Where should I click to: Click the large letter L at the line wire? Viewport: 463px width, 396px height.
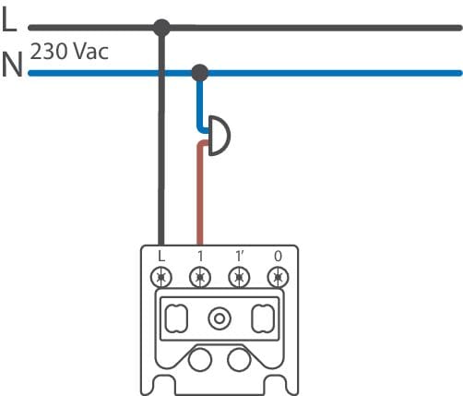(x=9, y=18)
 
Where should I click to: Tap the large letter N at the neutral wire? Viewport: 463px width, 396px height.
(x=12, y=65)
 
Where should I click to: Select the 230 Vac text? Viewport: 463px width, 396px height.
(x=69, y=51)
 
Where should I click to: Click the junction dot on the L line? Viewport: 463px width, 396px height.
(x=161, y=28)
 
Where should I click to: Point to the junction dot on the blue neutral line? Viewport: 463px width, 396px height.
(x=200, y=73)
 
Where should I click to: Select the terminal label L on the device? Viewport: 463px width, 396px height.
(x=161, y=256)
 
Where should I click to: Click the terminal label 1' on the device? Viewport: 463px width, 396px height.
(x=239, y=256)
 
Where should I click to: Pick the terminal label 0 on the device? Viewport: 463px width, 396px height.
(x=278, y=256)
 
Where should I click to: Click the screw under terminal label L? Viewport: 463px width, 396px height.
(x=161, y=278)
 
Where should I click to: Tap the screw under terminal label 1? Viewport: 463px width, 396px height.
(x=200, y=278)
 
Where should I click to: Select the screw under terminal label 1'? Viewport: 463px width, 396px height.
(x=239, y=278)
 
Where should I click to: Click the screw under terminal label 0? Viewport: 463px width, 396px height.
(x=278, y=278)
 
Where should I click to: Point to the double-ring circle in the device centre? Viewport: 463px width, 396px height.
(x=220, y=318)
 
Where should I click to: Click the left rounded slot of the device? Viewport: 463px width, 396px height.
(x=176, y=318)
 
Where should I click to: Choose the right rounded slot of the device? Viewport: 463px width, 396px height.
(x=263, y=318)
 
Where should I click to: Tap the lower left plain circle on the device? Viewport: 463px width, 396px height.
(x=200, y=360)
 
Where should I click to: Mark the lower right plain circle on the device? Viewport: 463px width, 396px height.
(x=239, y=360)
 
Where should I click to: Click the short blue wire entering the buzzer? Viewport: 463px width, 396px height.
(x=199, y=106)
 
